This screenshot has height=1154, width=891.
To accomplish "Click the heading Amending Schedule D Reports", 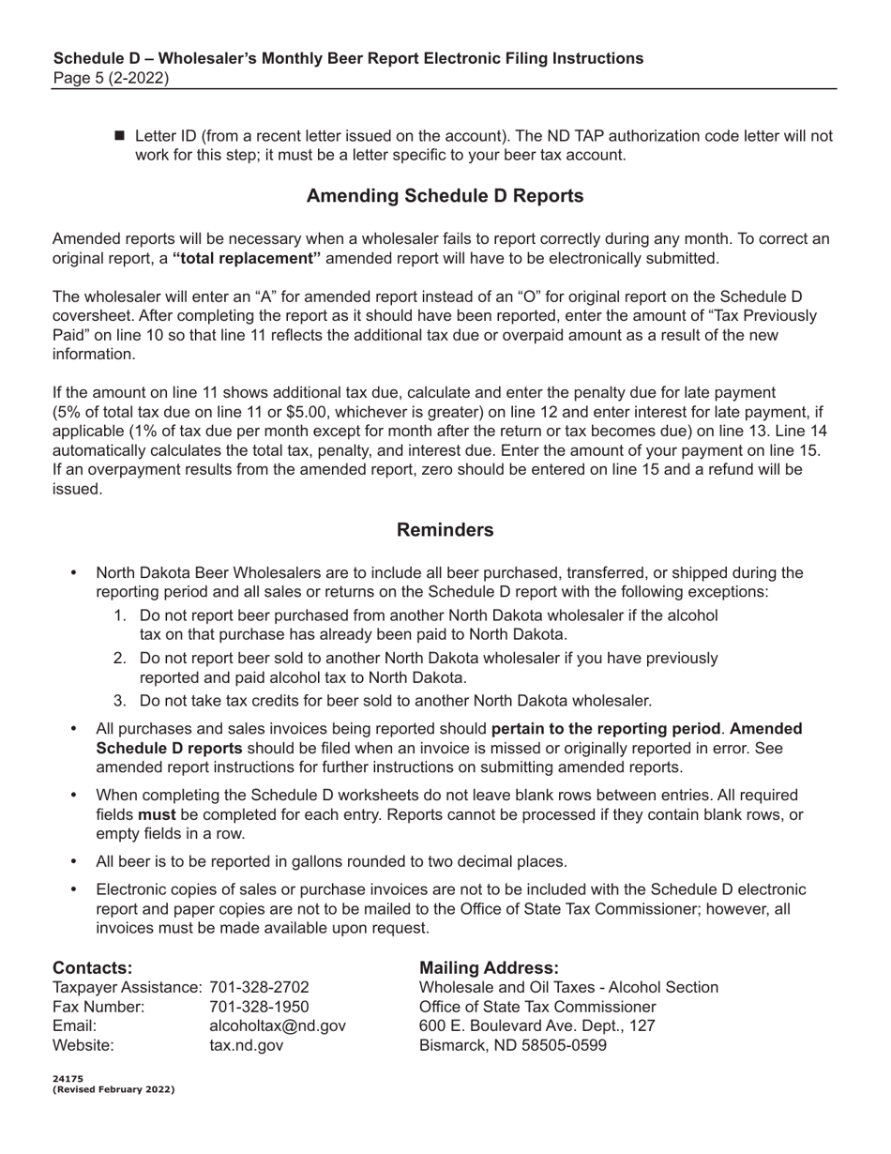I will click(445, 196).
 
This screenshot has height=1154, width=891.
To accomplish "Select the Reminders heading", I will click(445, 530).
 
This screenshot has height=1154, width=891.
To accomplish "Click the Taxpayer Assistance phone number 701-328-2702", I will click(259, 988).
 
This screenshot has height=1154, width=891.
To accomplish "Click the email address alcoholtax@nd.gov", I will click(277, 1025).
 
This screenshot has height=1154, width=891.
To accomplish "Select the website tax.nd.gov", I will click(246, 1045).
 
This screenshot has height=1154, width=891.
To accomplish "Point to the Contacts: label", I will click(92, 967).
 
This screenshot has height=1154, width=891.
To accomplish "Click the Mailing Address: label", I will click(489, 967).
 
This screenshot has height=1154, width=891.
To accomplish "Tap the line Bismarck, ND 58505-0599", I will click(513, 1045).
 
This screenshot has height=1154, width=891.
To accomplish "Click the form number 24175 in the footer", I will click(68, 1079).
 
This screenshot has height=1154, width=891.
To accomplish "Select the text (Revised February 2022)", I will click(113, 1089).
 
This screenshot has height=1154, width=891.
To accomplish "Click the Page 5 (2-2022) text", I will click(111, 78).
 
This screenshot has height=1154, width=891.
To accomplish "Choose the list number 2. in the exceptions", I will click(120, 659).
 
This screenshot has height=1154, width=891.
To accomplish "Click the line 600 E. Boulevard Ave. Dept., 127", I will click(536, 1025).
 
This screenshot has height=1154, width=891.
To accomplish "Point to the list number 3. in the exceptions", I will click(120, 701).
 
